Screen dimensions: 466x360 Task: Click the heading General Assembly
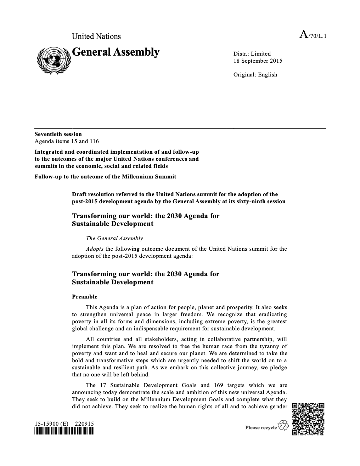tap(116, 52)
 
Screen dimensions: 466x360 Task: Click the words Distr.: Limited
tap(252, 54)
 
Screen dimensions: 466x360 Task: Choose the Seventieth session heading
tap(58, 134)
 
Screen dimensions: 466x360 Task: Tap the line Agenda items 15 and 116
tap(67, 141)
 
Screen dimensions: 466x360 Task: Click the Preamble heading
tap(84, 297)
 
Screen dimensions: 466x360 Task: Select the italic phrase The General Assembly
tap(114, 238)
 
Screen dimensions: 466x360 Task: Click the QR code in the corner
tap(308, 419)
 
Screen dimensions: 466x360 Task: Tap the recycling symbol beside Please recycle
tap(284, 425)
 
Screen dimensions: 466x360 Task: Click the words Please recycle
tap(261, 428)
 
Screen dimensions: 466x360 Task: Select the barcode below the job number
tap(64, 431)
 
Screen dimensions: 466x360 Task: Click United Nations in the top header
tap(96, 36)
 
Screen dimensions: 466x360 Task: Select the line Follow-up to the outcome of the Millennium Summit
tap(105, 177)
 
